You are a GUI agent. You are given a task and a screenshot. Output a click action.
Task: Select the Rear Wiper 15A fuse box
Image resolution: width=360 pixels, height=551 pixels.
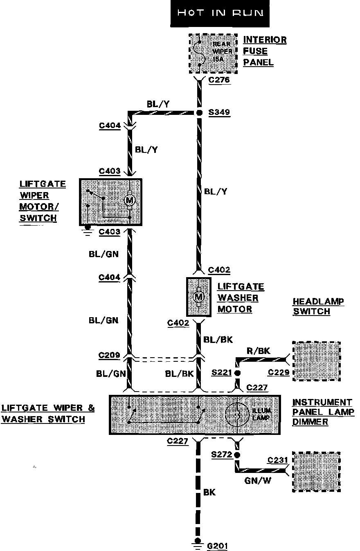click(213, 54)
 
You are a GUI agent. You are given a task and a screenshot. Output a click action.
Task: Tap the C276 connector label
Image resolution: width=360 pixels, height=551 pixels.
click(219, 80)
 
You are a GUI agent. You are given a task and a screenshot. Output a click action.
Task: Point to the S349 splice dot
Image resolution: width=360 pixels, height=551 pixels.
click(199, 112)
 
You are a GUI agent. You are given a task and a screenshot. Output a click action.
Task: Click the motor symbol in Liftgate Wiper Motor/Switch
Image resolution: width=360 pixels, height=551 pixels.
click(130, 200)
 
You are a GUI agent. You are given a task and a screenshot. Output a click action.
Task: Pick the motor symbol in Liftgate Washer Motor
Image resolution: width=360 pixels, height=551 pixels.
click(199, 296)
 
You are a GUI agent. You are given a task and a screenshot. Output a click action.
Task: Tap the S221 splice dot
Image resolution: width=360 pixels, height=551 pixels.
click(236, 373)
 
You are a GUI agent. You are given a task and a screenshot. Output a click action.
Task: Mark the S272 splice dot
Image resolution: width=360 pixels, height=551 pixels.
click(236, 454)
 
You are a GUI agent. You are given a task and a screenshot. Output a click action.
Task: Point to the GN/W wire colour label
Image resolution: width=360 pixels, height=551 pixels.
click(258, 481)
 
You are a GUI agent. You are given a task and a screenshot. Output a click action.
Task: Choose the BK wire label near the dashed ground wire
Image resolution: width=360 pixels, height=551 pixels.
click(209, 492)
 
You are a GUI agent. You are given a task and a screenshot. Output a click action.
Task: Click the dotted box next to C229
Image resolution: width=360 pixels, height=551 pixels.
click(316, 361)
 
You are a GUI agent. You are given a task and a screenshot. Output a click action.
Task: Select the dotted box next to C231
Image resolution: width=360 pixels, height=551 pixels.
click(316, 471)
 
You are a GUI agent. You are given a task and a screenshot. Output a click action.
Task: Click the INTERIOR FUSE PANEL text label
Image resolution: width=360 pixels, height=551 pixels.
click(264, 51)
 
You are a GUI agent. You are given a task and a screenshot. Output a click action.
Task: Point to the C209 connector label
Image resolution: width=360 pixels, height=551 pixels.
click(109, 355)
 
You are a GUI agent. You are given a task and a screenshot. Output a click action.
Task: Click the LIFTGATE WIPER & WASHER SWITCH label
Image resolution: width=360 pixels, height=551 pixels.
click(48, 413)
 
